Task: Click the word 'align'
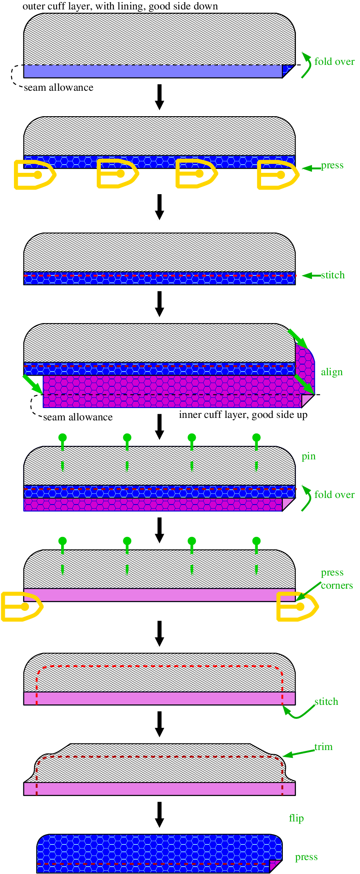[332, 372]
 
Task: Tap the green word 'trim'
[323, 747]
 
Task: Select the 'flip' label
[296, 818]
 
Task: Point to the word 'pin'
[309, 456]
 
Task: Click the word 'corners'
[337, 585]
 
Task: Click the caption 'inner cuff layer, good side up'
[243, 415]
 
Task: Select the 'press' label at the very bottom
[306, 857]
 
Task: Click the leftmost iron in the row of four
[35, 174]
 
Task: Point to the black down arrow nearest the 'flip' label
[160, 814]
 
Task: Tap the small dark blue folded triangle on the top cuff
[288, 70]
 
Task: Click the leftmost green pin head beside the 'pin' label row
[62, 438]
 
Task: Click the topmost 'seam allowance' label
[59, 87]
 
